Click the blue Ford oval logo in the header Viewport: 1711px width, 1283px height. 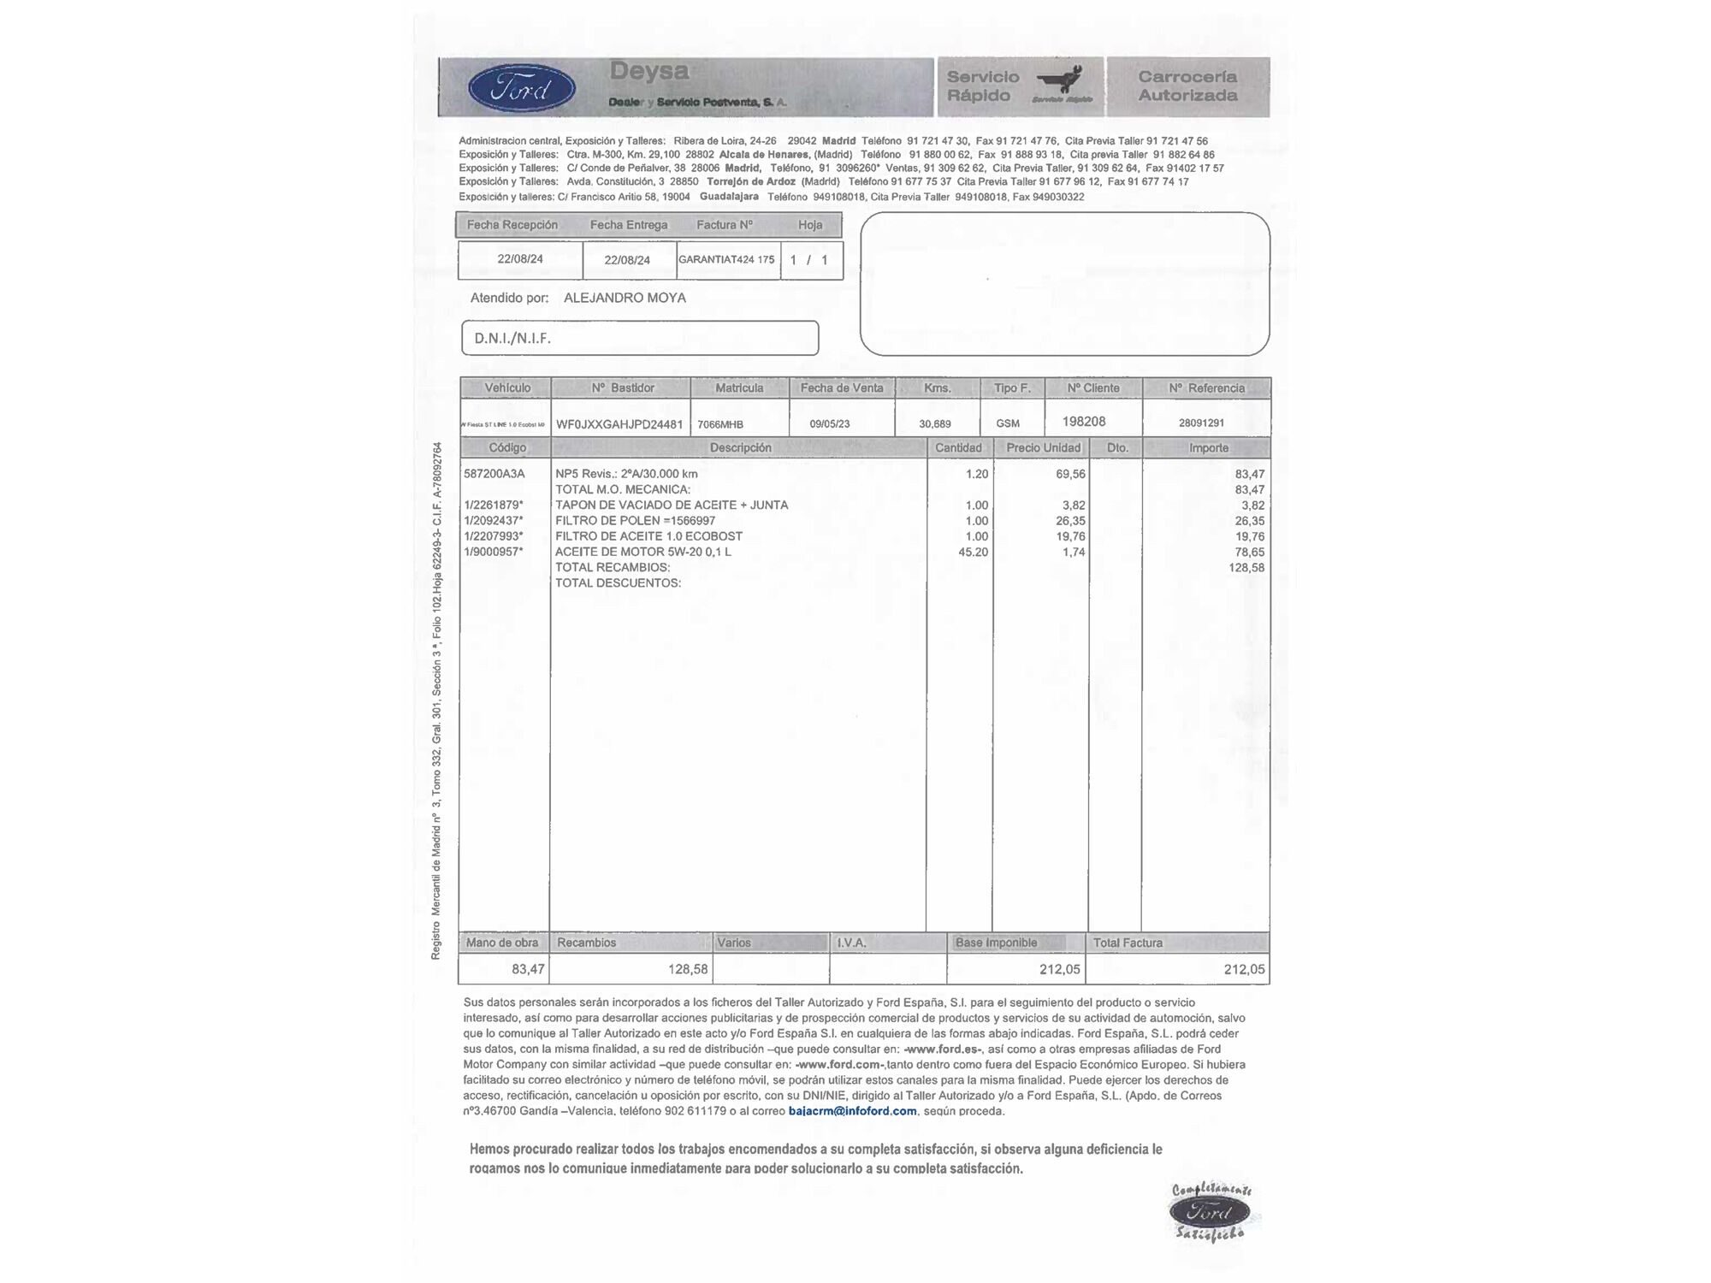pyautogui.click(x=522, y=88)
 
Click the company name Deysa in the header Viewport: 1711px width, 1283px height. pyautogui.click(x=648, y=72)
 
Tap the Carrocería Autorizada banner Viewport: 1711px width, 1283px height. pyautogui.click(x=1187, y=86)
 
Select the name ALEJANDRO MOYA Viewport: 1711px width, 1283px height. pyautogui.click(x=625, y=298)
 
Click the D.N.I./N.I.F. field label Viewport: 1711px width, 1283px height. pyautogui.click(x=512, y=338)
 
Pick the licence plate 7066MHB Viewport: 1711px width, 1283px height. pyautogui.click(x=720, y=424)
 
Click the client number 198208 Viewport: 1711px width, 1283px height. pyautogui.click(x=1084, y=422)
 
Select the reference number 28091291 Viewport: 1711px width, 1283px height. pyautogui.click(x=1201, y=423)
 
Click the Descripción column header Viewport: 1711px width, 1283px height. pyautogui.click(x=740, y=448)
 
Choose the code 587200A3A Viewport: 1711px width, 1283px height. pyautogui.click(x=494, y=474)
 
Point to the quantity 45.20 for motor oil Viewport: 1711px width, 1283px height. pyautogui.click(x=973, y=553)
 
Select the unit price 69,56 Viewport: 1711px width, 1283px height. pyautogui.click(x=1070, y=474)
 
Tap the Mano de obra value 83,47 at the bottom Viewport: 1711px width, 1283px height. pyautogui.click(x=528, y=969)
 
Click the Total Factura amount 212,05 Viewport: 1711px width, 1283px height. pyautogui.click(x=1244, y=969)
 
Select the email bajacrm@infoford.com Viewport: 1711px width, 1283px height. pyautogui.click(x=852, y=1111)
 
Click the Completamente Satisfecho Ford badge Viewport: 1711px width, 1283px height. pyautogui.click(x=1211, y=1212)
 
